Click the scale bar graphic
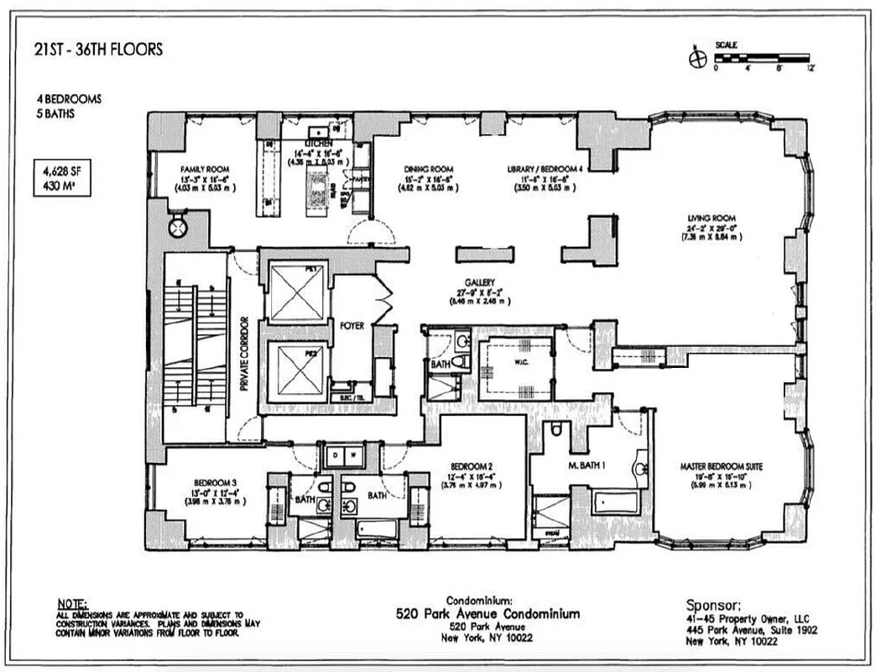(x=763, y=59)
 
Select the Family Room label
(x=204, y=169)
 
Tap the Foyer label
(x=352, y=326)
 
